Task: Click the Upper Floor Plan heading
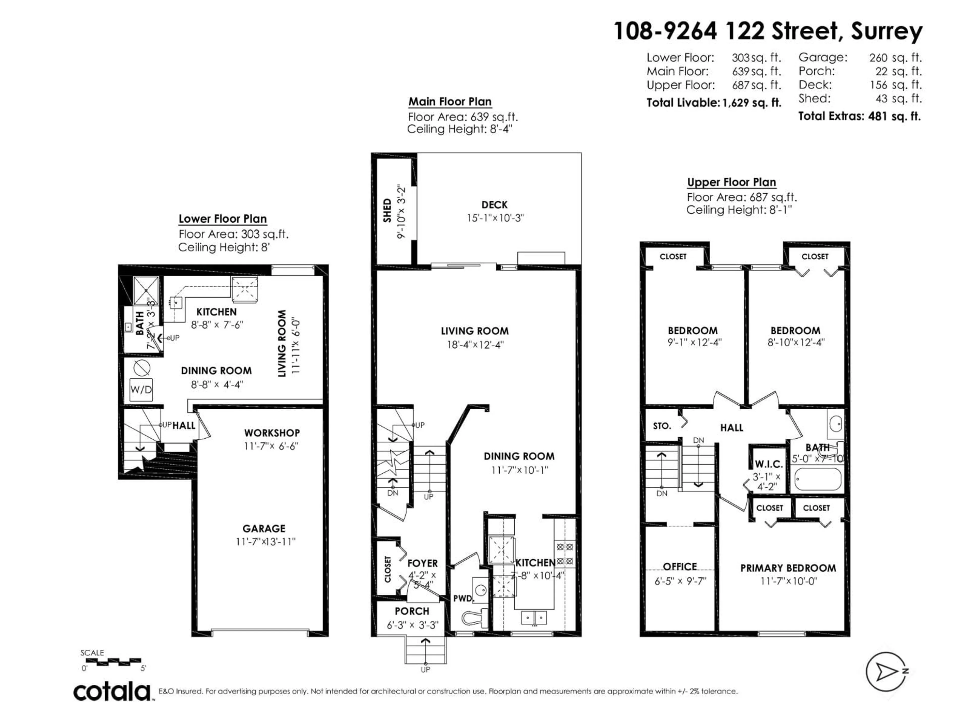(x=731, y=182)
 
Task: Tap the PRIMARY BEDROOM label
(x=788, y=568)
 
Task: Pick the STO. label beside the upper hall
(x=661, y=426)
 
